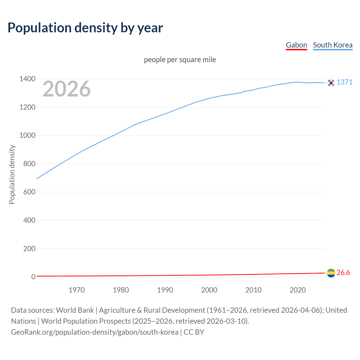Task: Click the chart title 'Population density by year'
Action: (85, 28)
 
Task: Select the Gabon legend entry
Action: (296, 45)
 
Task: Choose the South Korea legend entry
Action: (333, 45)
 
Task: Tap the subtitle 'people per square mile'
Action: (180, 60)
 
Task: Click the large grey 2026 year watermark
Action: (67, 89)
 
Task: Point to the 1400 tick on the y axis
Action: (27, 79)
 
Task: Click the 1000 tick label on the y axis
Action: (27, 136)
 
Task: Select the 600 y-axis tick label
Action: (29, 192)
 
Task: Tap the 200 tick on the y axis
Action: (29, 249)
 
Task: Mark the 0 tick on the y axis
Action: (33, 277)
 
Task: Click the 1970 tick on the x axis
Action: (76, 290)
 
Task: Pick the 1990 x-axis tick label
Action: (165, 290)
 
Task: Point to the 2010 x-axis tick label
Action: (253, 290)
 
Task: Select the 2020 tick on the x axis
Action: (298, 290)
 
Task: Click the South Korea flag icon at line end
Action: (331, 83)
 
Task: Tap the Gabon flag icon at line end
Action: (331, 273)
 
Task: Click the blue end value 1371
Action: (345, 82)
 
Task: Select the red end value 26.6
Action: (343, 273)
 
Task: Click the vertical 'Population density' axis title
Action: (12, 174)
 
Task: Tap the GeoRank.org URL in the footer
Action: (94, 332)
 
